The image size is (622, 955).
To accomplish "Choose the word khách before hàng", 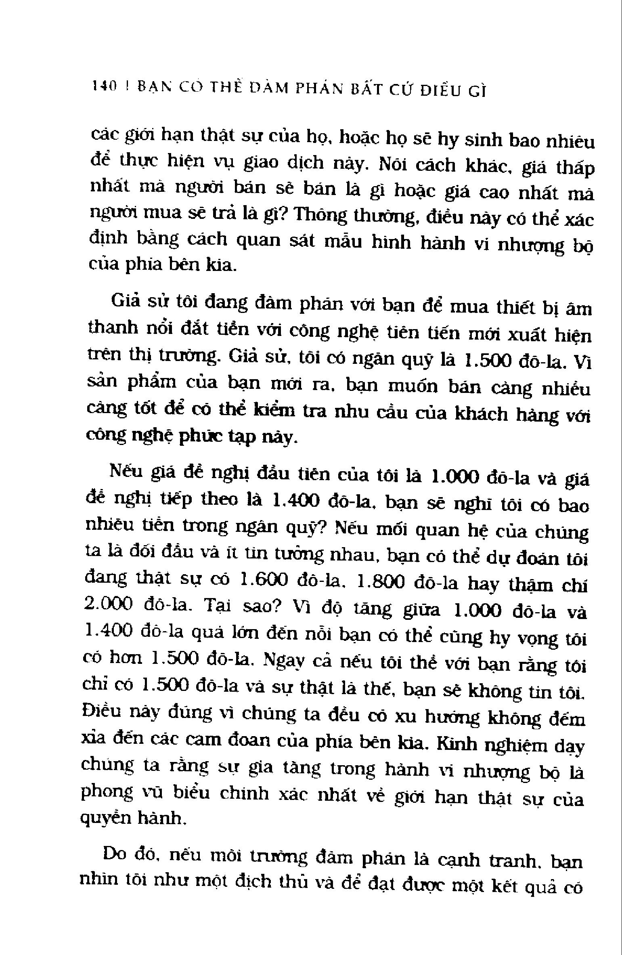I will [480, 413].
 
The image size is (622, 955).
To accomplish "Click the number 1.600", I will [263, 580].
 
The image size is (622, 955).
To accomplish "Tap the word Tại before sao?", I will [220, 606].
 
